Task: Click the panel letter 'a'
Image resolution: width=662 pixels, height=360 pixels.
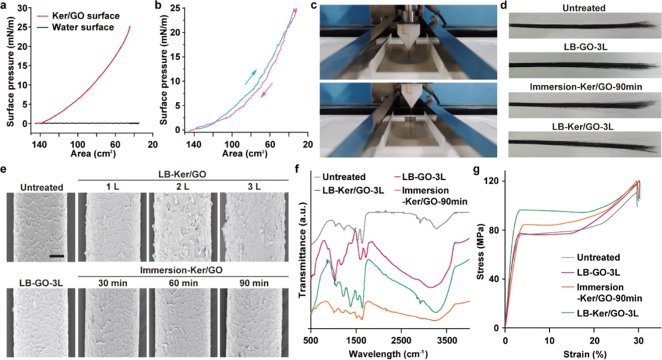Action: click(5, 6)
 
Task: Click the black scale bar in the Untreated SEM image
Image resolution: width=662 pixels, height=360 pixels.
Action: click(56, 256)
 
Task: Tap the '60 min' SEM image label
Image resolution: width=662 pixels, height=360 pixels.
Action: click(183, 283)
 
